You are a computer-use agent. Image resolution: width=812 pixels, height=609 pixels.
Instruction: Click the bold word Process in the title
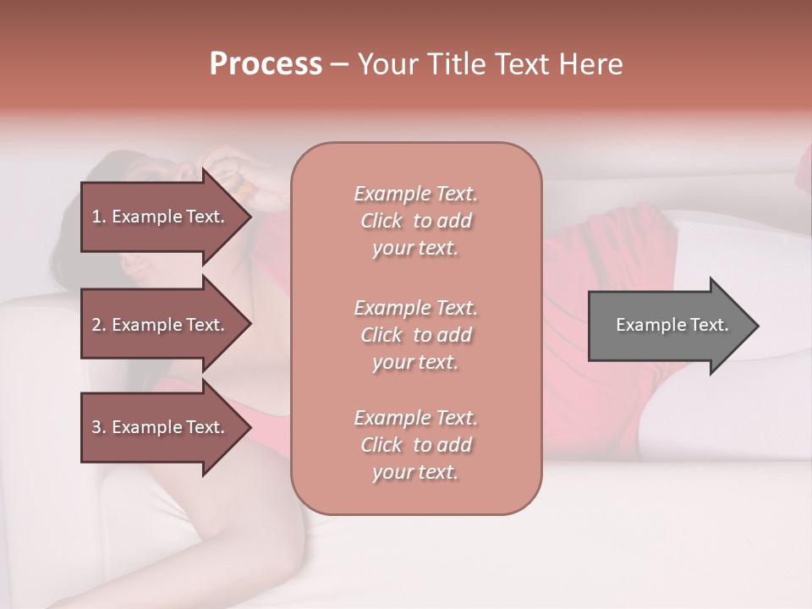point(266,64)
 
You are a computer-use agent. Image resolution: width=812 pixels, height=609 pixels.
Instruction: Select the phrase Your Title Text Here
point(490,64)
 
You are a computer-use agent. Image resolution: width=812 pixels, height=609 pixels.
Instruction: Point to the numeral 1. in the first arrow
point(99,217)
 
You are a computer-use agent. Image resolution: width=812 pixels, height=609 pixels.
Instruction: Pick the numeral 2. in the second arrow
point(99,325)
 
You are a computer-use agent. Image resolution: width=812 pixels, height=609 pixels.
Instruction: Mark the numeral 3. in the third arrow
point(99,427)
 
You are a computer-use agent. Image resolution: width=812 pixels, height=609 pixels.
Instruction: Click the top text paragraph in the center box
point(415,221)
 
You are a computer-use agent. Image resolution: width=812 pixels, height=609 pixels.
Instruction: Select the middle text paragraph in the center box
point(415,335)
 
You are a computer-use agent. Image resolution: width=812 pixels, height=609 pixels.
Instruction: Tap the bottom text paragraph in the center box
point(415,445)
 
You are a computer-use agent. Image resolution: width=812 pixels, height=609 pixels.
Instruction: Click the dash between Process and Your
point(340,65)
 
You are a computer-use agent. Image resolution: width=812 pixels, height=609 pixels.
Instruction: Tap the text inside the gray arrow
point(672,325)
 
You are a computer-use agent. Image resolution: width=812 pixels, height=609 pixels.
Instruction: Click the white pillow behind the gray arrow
point(744,245)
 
